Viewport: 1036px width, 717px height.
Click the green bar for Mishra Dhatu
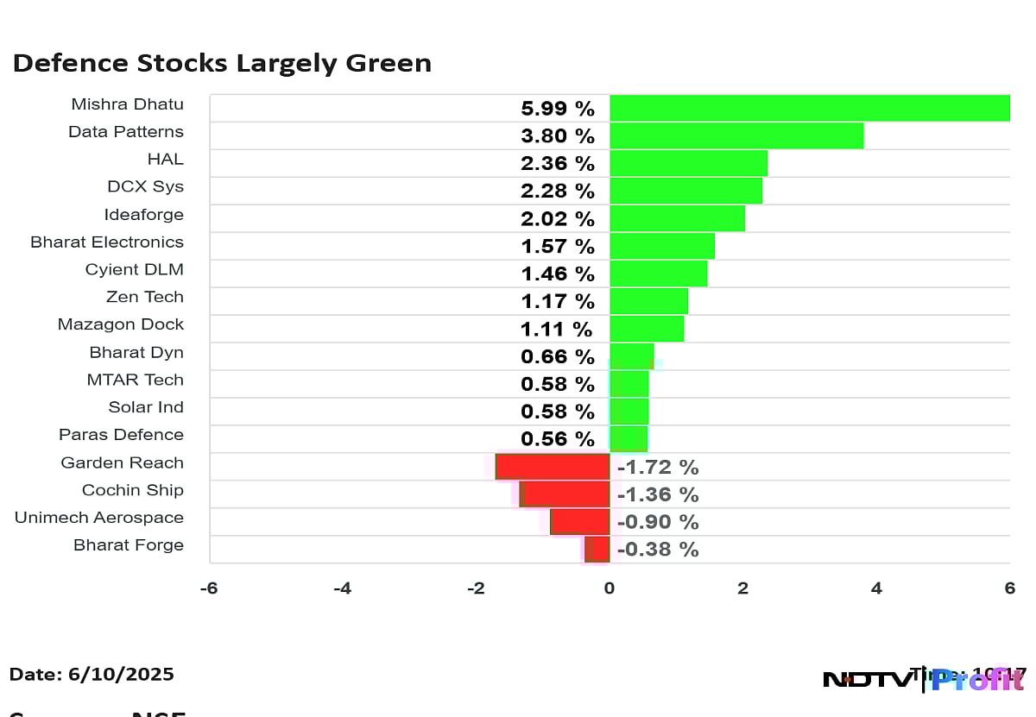809,108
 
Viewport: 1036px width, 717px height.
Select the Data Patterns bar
736,135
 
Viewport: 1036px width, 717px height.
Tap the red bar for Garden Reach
553,467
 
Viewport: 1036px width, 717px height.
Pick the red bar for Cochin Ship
566,494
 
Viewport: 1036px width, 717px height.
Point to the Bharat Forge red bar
597,549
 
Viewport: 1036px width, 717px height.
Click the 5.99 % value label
558,109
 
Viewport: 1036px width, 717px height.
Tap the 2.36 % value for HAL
558,163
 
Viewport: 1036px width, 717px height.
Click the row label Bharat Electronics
107,242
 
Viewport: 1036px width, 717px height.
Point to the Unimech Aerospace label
99,518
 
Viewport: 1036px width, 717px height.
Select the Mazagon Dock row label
121,324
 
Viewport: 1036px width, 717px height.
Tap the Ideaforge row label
144,215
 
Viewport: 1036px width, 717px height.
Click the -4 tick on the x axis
343,588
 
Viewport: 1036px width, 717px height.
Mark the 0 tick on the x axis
610,588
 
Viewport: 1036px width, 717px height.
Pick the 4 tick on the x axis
876,588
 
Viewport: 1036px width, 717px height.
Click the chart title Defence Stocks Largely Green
222,63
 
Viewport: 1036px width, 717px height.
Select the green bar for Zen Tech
648,301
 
